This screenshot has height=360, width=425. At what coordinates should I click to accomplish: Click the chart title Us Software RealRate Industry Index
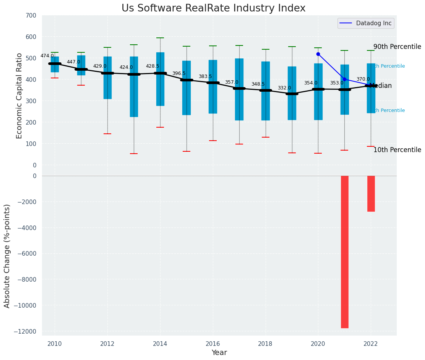tap(213, 8)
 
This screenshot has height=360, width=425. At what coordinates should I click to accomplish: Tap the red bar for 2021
tap(344, 251)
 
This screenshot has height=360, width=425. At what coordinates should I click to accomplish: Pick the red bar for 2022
tap(371, 193)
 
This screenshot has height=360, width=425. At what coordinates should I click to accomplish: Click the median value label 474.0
tap(47, 56)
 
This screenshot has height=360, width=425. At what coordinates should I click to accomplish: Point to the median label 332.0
tap(284, 88)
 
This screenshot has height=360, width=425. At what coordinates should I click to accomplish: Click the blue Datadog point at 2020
tap(318, 54)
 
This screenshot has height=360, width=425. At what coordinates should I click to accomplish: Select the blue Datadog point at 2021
tap(344, 79)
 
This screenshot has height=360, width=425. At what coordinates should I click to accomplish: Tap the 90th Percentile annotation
tap(397, 47)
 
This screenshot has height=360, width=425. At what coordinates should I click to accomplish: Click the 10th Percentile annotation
tap(397, 150)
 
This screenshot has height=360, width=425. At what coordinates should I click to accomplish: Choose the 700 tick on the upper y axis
tap(31, 16)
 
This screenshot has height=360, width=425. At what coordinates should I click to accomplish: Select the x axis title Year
tap(219, 353)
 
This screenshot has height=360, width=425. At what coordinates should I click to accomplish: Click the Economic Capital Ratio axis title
tap(19, 90)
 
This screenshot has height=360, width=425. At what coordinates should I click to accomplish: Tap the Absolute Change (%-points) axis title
tap(7, 256)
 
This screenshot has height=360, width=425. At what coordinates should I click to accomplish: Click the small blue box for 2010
tap(55, 64)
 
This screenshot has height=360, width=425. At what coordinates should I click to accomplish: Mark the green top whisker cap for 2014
tap(160, 38)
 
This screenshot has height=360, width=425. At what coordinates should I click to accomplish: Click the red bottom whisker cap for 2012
tap(107, 134)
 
